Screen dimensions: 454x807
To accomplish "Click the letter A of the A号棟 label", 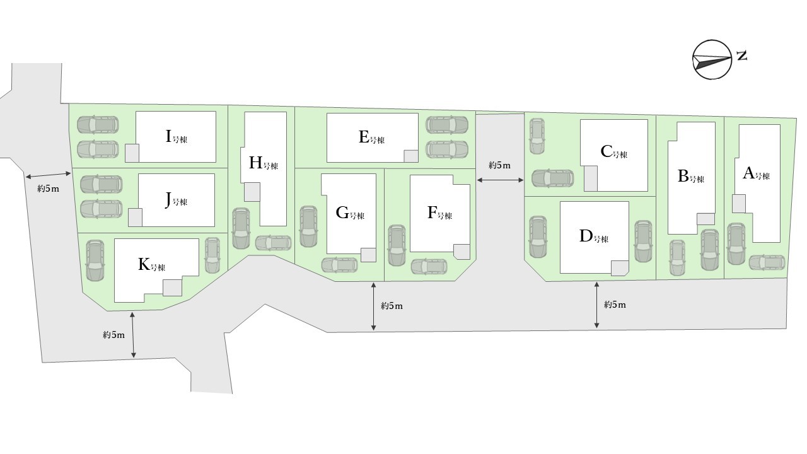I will point(749,173).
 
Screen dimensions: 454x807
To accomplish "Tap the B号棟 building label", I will point(690,177).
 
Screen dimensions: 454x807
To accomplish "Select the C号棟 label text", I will point(613,152).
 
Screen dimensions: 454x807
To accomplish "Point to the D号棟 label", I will point(593,237).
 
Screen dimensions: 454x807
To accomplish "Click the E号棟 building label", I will point(371,137).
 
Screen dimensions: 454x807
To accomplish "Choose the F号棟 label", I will point(439,213).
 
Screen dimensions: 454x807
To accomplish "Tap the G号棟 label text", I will point(349,213).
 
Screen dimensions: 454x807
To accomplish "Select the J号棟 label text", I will point(176,200).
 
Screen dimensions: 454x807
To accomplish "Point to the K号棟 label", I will point(151,265).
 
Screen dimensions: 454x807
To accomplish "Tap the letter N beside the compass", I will point(742,55).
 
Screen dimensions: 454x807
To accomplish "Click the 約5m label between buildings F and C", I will point(499,165).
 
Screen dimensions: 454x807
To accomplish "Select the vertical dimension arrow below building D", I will point(596,305).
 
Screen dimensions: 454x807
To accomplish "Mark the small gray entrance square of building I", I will point(132,153).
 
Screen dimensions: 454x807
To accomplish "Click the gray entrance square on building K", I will point(172,288).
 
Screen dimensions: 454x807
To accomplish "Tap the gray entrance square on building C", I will point(591,178).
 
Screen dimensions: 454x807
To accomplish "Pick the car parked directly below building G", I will point(340,265).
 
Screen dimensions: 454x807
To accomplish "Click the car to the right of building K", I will point(212,255).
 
